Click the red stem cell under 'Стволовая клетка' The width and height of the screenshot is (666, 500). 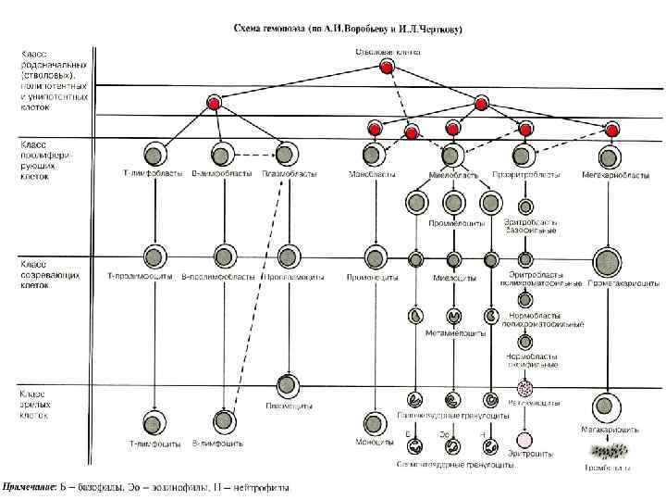[372, 67]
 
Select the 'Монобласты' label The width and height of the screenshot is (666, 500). [373, 173]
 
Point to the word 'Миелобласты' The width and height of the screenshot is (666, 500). [453, 174]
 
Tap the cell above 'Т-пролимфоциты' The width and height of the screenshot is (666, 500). [150, 256]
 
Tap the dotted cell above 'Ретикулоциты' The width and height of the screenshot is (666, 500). [524, 388]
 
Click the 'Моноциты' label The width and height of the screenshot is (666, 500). [373, 443]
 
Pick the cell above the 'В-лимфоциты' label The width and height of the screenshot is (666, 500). [222, 421]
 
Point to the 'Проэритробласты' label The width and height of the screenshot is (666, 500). [532, 173]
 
